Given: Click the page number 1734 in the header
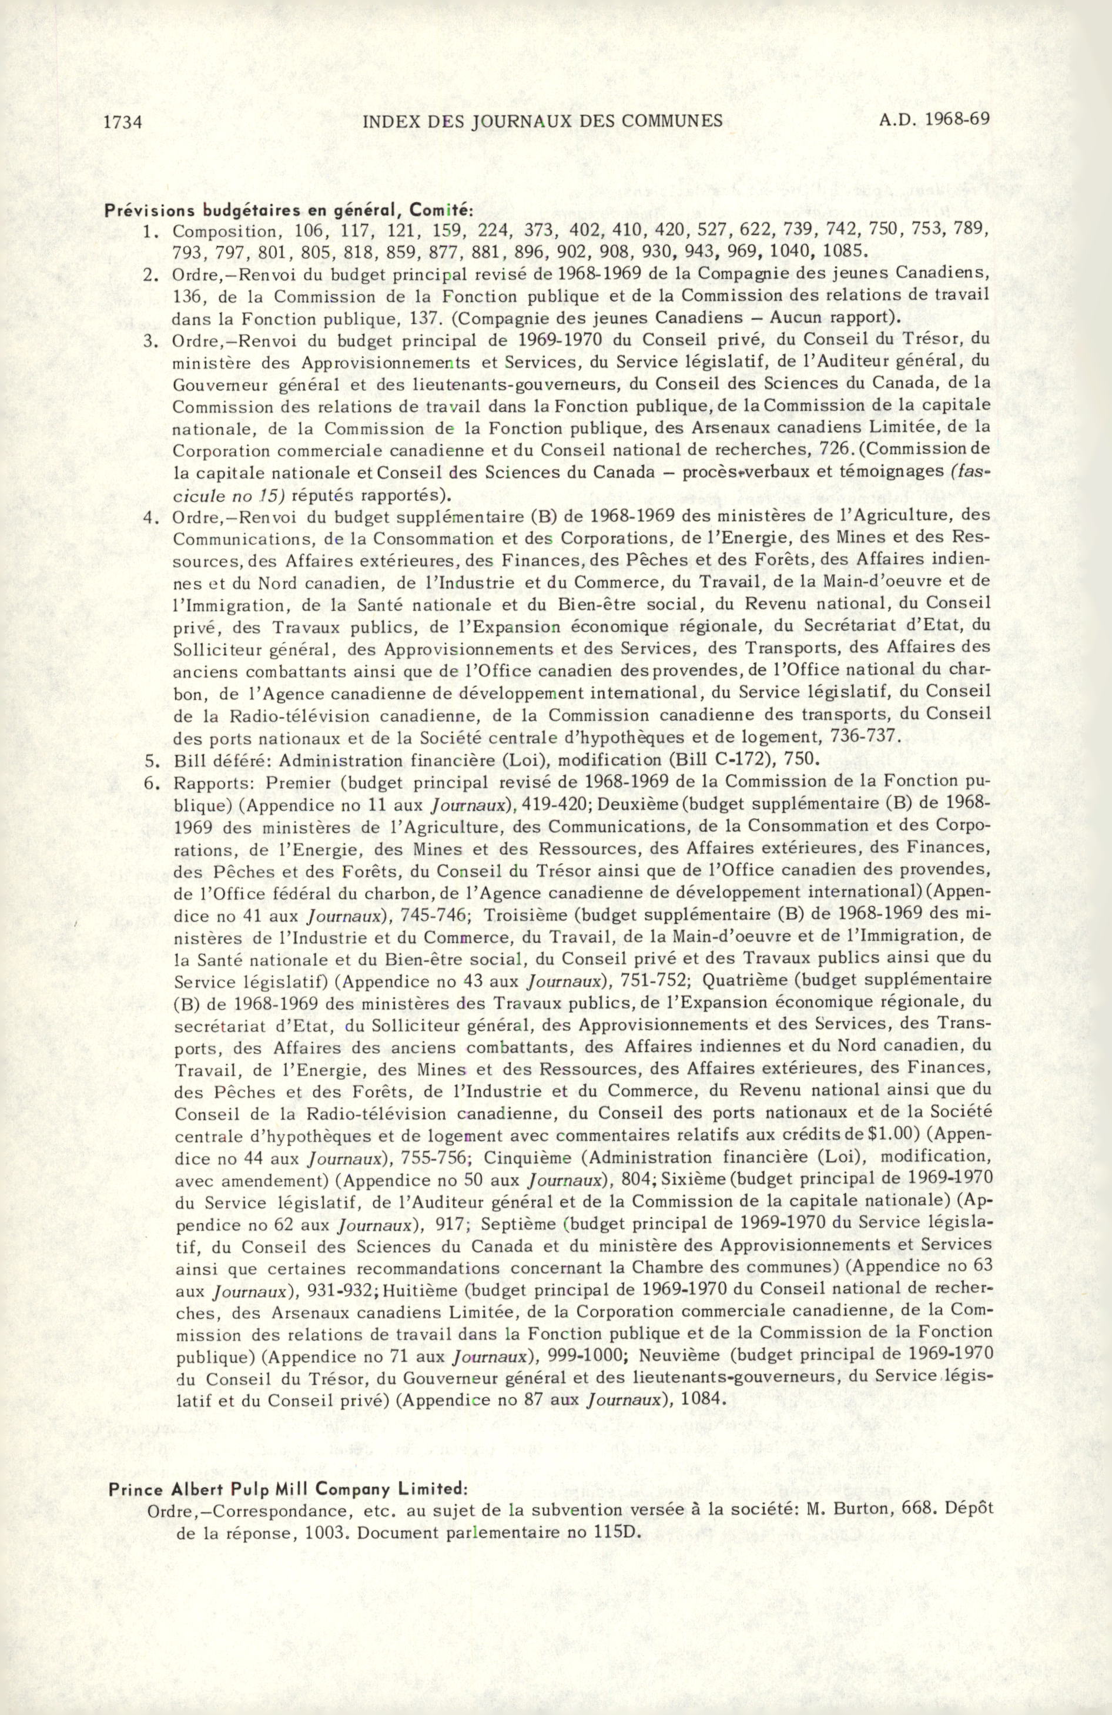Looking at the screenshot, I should click(x=122, y=121).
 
